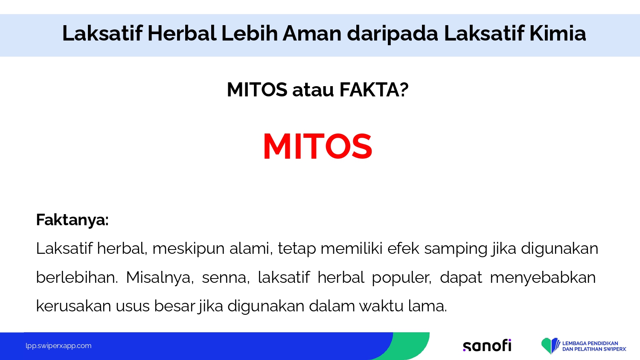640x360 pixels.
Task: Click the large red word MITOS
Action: pyautogui.click(x=317, y=146)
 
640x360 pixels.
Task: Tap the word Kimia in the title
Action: pyautogui.click(x=557, y=33)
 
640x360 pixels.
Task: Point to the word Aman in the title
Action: pyautogui.click(x=312, y=33)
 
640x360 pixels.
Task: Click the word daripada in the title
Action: pyautogui.click(x=393, y=34)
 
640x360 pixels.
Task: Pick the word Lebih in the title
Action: pyautogui.click(x=250, y=33)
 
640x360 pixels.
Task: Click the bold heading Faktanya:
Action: pyautogui.click(x=72, y=220)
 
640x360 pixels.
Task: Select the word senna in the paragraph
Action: pyautogui.click(x=224, y=278)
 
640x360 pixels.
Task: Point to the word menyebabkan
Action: pyautogui.click(x=543, y=278)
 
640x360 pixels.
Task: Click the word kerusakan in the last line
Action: pyautogui.click(x=73, y=306)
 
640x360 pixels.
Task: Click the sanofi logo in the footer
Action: pyautogui.click(x=487, y=345)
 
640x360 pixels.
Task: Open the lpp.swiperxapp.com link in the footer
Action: pyautogui.click(x=58, y=346)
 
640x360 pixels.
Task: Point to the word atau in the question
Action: pyautogui.click(x=313, y=90)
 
